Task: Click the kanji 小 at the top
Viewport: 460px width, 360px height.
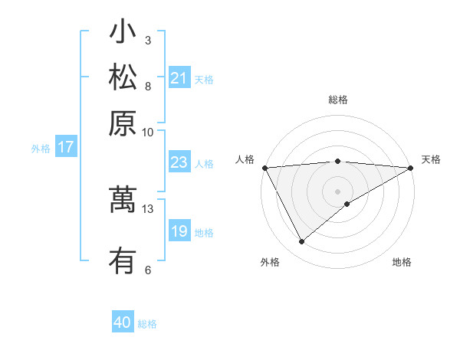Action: pos(123,33)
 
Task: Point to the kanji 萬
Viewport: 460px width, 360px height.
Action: pos(123,199)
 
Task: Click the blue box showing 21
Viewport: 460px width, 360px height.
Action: pos(179,78)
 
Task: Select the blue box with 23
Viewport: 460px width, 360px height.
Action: pos(179,162)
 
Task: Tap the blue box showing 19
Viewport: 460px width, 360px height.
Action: pos(179,231)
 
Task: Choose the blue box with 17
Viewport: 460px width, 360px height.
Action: pos(66,148)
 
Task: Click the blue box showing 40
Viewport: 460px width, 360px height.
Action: pos(123,322)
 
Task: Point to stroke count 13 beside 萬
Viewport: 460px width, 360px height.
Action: pos(148,208)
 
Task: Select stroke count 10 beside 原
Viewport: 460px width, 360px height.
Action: pos(148,131)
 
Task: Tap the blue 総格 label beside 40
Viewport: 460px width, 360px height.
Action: pos(147,324)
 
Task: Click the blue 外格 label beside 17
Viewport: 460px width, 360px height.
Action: pos(41,149)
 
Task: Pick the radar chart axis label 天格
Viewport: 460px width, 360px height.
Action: pos(432,159)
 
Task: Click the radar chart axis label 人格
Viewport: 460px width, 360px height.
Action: pos(245,159)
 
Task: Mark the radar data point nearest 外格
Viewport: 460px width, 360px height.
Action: pos(302,241)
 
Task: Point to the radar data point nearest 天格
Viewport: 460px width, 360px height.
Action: pos(411,168)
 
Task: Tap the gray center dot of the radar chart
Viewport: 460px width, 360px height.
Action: pos(337,191)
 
